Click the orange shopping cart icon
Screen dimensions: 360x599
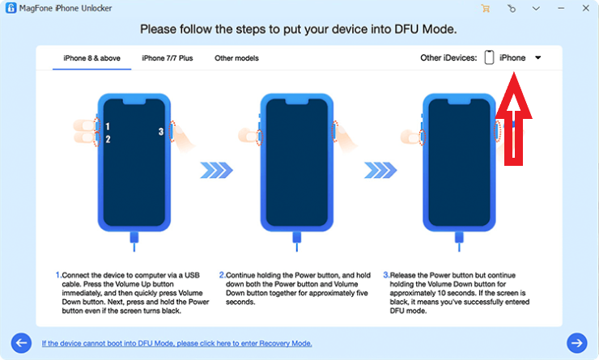click(486, 8)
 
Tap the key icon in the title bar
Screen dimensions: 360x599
click(511, 8)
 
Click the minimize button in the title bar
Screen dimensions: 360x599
click(559, 8)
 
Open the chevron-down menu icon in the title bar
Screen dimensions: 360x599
click(535, 8)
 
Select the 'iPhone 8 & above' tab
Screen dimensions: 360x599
click(92, 58)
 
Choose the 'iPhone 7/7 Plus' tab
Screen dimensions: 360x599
click(168, 58)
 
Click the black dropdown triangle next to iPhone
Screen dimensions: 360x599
click(537, 58)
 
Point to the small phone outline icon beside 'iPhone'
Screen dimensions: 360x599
click(489, 57)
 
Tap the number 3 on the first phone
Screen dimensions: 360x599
click(160, 131)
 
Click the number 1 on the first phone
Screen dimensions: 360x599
click(107, 127)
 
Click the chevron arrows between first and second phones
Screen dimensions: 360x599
click(216, 170)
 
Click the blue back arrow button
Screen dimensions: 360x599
click(22, 342)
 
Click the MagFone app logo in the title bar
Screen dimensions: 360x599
click(11, 8)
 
